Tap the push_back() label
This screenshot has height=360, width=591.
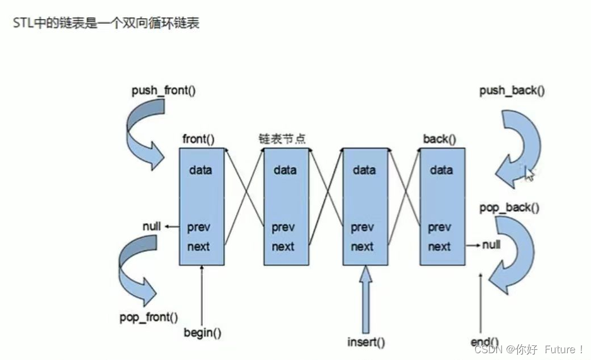(512, 91)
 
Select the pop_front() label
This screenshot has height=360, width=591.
(148, 317)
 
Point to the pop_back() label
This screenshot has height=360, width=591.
(509, 207)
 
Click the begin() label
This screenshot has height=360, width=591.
(202, 332)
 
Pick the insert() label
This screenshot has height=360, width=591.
(365, 342)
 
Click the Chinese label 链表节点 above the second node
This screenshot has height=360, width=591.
(282, 139)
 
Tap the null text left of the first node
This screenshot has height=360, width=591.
(152, 227)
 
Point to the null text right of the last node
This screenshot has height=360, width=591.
(491, 245)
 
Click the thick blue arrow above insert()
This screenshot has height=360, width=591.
(366, 298)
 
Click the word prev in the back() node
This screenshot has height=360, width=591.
(439, 227)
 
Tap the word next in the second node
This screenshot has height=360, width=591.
(283, 247)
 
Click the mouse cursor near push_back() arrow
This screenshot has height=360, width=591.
(529, 173)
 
